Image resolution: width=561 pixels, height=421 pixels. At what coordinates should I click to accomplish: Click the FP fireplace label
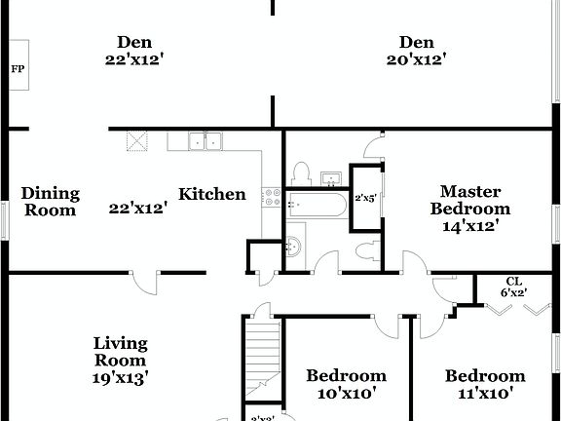17,68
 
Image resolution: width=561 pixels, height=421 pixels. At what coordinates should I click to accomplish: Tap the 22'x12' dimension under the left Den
133,58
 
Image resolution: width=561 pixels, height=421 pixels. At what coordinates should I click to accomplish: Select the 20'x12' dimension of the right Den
416,58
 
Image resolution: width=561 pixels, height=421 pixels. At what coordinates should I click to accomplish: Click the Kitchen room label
211,194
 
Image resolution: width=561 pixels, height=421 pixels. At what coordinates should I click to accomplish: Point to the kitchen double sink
205,142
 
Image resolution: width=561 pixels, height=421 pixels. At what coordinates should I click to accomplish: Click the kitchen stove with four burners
272,195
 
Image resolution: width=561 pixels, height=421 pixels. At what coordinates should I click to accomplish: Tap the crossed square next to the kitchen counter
137,141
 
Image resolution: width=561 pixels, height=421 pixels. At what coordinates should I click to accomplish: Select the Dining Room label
51,202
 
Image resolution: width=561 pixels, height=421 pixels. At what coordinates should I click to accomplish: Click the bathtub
316,204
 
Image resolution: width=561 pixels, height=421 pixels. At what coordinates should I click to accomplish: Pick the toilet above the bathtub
301,174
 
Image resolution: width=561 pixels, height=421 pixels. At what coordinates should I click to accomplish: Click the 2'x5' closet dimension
365,198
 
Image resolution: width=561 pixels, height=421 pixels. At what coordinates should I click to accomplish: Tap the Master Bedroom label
470,200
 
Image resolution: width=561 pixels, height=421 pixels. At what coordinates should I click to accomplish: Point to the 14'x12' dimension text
470,225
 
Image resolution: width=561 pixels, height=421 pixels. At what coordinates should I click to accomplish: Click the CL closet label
513,281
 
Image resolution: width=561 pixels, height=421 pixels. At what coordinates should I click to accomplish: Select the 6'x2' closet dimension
513,291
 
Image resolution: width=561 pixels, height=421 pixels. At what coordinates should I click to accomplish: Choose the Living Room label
120,351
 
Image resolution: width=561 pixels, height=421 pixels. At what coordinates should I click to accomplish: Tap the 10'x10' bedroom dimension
346,394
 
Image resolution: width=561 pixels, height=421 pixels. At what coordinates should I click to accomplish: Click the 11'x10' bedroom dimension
485,394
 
